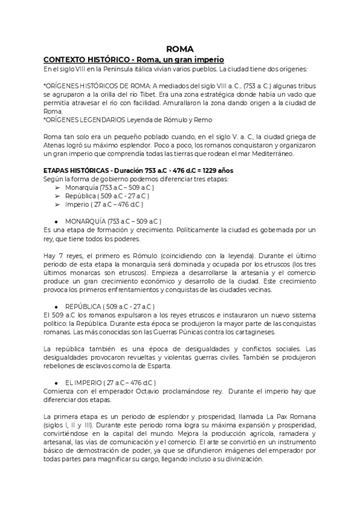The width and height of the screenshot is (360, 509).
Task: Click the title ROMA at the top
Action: (x=179, y=50)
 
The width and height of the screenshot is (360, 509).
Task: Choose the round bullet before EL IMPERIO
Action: (x=55, y=382)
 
